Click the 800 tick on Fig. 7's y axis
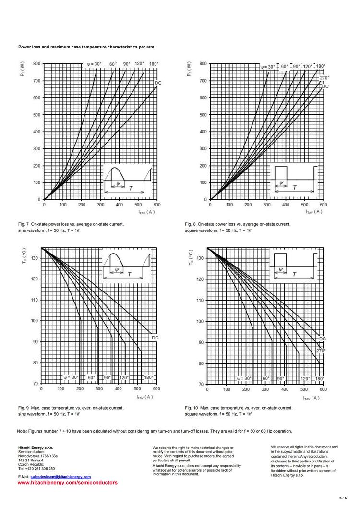[36, 64]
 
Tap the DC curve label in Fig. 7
[158, 83]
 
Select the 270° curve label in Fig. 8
[324, 78]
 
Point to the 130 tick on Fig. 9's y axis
[35, 258]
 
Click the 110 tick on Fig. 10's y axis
[200, 300]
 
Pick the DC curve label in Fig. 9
[155, 338]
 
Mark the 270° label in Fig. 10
[321, 351]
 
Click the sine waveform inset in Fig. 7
[128, 180]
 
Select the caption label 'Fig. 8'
[190, 224]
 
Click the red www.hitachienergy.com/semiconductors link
[67, 482]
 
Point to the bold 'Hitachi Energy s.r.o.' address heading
[36, 447]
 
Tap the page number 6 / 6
[343, 497]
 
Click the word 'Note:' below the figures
[22, 431]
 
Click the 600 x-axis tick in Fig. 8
[323, 205]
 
